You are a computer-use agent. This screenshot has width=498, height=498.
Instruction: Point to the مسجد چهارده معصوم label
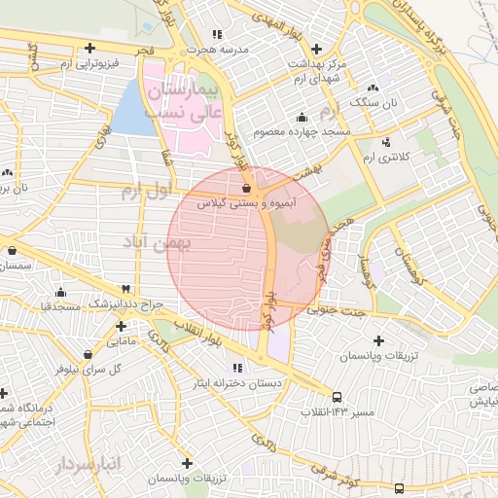(301, 131)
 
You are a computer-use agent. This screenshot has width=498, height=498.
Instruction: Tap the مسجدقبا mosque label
(59, 306)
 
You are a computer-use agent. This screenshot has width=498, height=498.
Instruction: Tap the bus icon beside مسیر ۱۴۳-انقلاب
(338, 397)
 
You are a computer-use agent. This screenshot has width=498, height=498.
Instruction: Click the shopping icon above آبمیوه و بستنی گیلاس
(245, 188)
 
